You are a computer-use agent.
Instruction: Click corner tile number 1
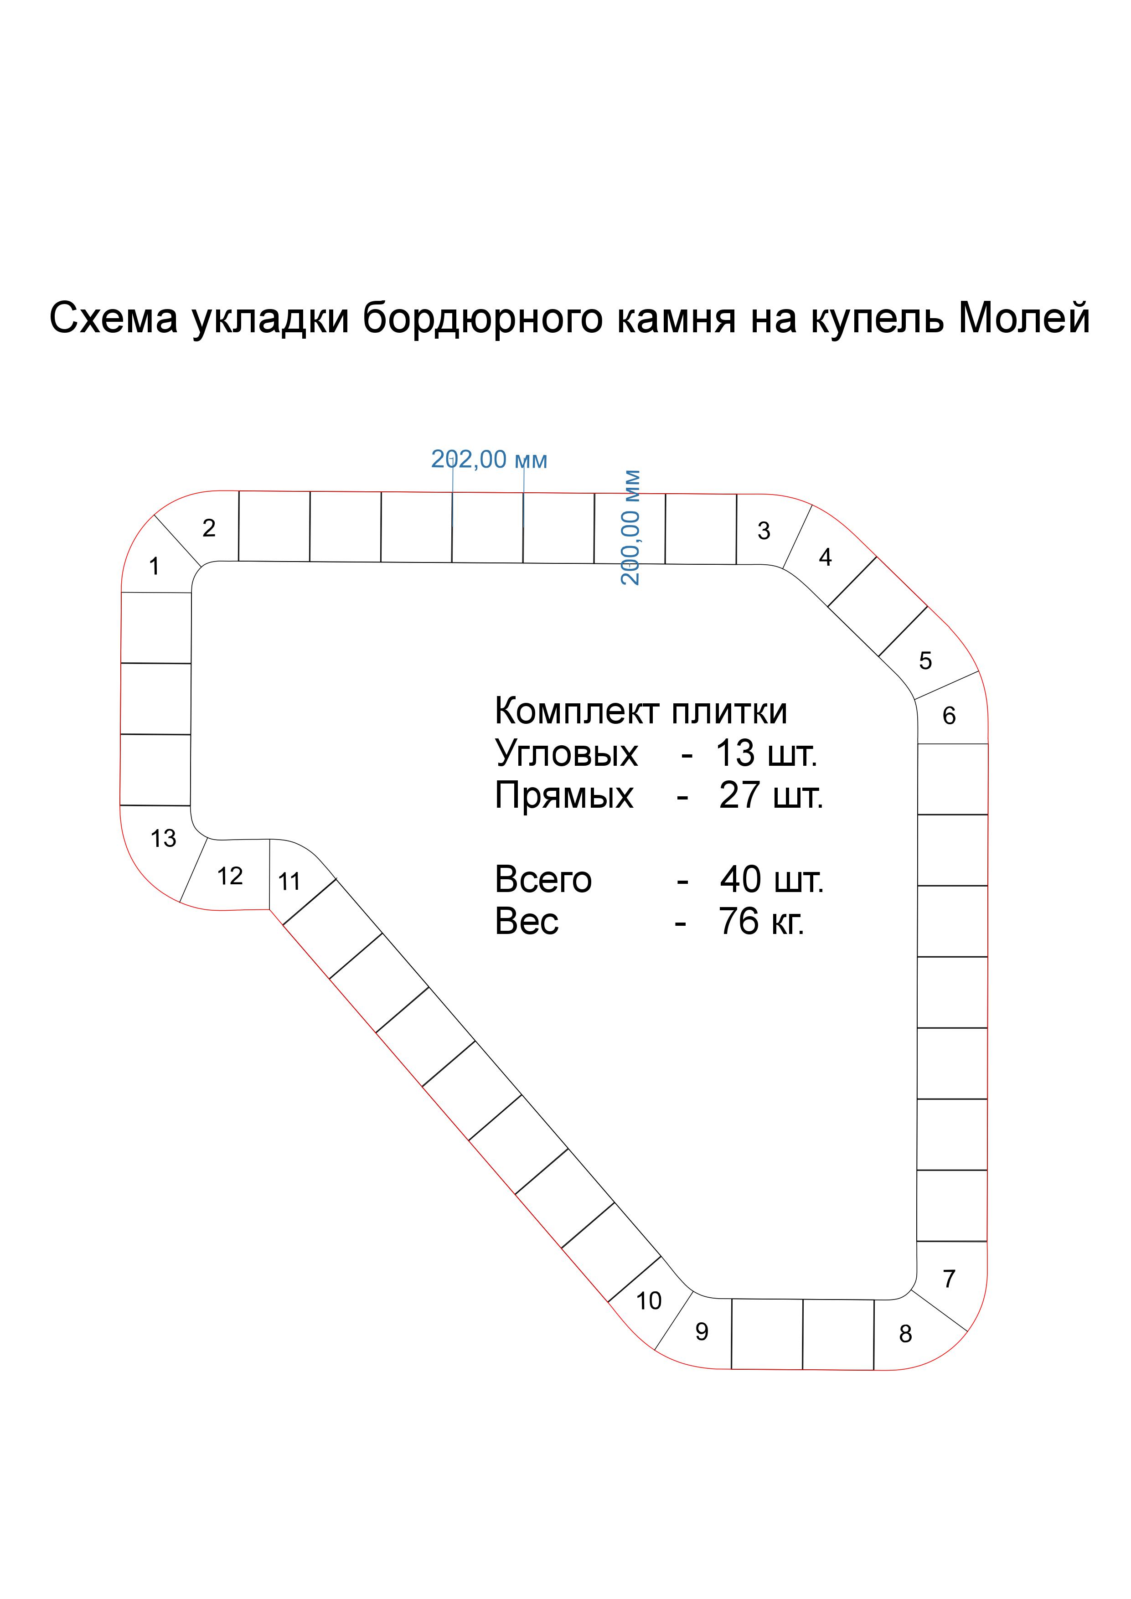pyautogui.click(x=154, y=566)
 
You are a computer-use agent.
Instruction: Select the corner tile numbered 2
pyautogui.click(x=209, y=528)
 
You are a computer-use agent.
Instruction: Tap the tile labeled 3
pyautogui.click(x=764, y=531)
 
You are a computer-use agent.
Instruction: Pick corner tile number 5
pyautogui.click(x=925, y=660)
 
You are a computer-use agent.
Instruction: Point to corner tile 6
pyautogui.click(x=949, y=715)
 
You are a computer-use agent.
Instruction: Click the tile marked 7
pyautogui.click(x=949, y=1279)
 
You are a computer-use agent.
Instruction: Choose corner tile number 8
pyautogui.click(x=905, y=1334)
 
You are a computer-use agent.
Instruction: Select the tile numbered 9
pyautogui.click(x=702, y=1331)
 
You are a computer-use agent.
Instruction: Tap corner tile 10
pyautogui.click(x=648, y=1300)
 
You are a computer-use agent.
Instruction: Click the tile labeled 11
pyautogui.click(x=289, y=882)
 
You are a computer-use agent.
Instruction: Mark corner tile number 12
pyautogui.click(x=230, y=876)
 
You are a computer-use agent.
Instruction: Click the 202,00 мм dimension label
pyautogui.click(x=489, y=459)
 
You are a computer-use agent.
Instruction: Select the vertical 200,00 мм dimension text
pyautogui.click(x=630, y=527)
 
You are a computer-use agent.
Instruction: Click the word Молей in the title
pyautogui.click(x=1024, y=318)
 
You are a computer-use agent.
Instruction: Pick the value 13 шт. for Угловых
pyautogui.click(x=766, y=753)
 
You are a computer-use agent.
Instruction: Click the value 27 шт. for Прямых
pyautogui.click(x=770, y=795)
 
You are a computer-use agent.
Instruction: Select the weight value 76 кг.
pyautogui.click(x=761, y=921)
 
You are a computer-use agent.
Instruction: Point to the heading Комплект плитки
pyautogui.click(x=640, y=711)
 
